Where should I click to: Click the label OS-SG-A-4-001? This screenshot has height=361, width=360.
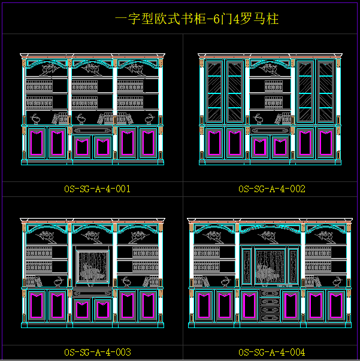97,189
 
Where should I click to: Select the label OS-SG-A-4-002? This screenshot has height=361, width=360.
272,189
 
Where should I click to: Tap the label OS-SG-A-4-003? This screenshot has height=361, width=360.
97,352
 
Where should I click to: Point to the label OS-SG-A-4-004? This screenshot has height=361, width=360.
272,352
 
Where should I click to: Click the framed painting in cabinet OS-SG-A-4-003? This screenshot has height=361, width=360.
92,265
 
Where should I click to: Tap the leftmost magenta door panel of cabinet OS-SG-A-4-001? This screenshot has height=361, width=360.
38,143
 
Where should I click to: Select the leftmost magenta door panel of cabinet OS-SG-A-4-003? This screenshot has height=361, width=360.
38,305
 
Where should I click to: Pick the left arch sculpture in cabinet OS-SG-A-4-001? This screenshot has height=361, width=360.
47,68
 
